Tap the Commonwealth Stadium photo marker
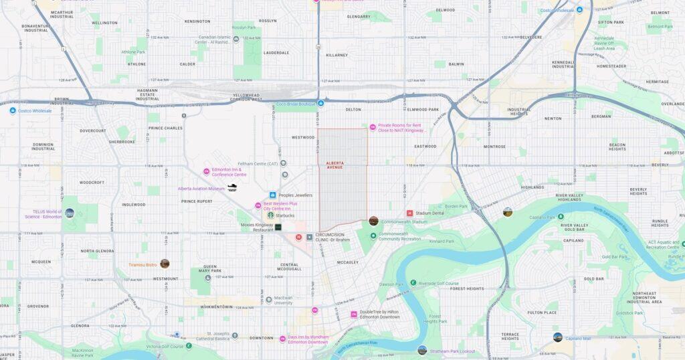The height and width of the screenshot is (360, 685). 373,221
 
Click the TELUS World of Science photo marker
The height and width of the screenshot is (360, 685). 70,213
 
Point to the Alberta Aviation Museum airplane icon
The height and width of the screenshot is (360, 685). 232,188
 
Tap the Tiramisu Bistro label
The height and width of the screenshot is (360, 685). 142,264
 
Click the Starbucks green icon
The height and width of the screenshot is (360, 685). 271,215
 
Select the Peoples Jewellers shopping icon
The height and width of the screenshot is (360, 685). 273,195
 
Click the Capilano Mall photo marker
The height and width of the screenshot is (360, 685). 557,337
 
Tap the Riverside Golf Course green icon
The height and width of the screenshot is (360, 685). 413,283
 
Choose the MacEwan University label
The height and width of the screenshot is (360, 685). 283,302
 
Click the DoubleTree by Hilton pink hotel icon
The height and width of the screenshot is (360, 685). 354,314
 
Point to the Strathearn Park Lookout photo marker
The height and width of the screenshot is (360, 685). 422,350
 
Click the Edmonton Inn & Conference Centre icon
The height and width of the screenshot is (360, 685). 207,172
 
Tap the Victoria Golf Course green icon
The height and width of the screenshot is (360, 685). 189,346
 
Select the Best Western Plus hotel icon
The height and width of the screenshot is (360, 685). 258,205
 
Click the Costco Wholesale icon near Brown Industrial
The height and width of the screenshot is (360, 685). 12,110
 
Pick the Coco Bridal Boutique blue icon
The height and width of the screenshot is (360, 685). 321,103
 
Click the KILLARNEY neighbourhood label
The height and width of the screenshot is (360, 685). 338,55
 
